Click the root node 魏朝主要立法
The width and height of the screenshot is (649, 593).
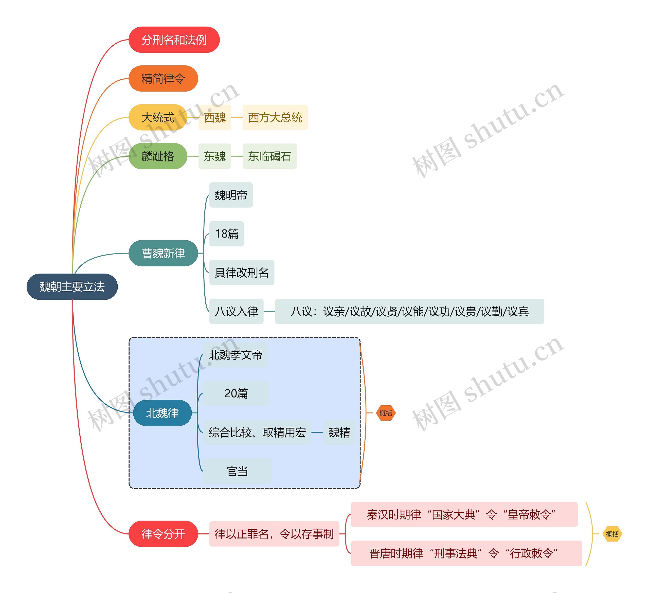pos(72,286)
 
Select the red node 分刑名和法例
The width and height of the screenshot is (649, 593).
pos(174,40)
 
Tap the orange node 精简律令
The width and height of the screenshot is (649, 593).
pos(163,79)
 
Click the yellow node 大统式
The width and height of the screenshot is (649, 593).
pos(158,117)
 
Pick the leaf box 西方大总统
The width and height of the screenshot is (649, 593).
pos(275,117)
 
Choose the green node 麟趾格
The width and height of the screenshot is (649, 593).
pos(158,156)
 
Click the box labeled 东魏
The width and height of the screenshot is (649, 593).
pos(214,156)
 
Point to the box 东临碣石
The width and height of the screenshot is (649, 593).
pos(269,156)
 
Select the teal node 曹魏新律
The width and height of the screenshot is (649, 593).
pos(163,253)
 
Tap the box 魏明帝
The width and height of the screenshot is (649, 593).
pos(230,195)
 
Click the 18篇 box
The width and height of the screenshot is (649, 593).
pos(226,234)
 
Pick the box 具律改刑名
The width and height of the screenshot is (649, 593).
pos(241,272)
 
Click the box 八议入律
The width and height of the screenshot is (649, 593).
pos(236,311)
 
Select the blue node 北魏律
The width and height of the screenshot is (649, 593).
pos(162,413)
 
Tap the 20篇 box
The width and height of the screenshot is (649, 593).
pos(236,393)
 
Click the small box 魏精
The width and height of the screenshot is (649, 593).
pos(339,432)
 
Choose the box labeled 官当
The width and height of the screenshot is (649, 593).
pos(237,471)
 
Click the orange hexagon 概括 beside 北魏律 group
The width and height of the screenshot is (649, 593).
pos(385,413)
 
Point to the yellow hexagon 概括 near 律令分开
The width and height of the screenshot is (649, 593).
pos(612,534)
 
